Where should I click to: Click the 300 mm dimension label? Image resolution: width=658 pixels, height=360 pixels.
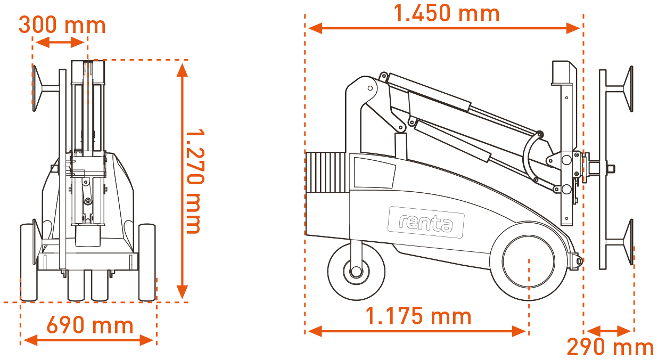[x=62, y=26]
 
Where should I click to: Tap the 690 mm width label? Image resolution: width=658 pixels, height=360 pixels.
[x=90, y=325]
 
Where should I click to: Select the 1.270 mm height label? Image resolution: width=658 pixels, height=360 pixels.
[x=195, y=181]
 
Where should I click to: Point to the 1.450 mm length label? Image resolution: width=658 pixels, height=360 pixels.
[x=446, y=13]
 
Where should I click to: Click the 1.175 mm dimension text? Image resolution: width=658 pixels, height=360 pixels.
[x=418, y=316]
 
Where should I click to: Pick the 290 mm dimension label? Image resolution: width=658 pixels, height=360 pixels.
[x=610, y=347]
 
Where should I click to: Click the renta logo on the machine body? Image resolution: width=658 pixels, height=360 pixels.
[x=426, y=222]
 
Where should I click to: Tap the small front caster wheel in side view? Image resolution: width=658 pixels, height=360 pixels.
[x=356, y=271]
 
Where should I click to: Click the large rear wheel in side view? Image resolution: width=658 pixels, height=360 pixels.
[x=529, y=261]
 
